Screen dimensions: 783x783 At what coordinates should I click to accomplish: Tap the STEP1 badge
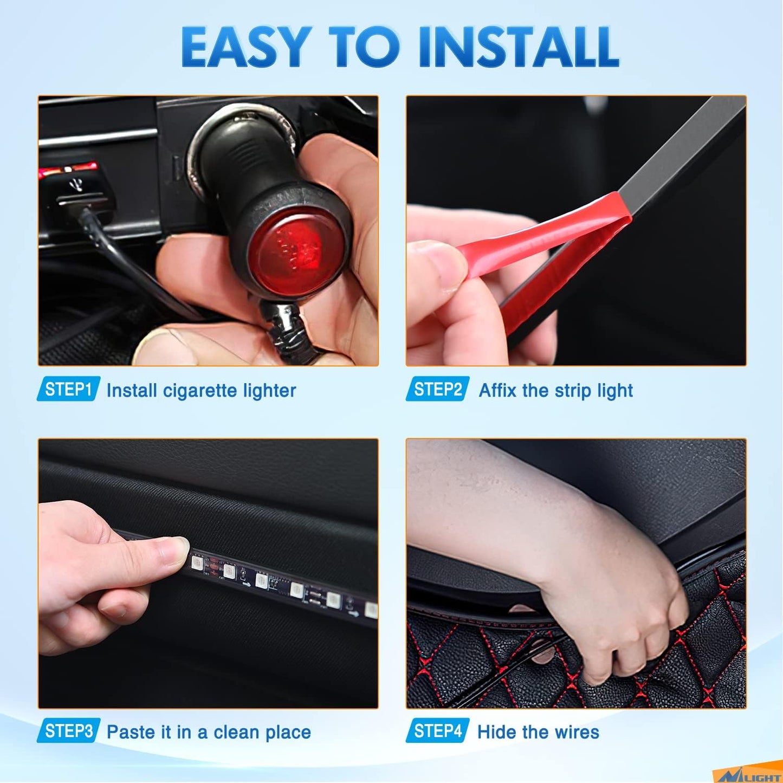tap(68, 389)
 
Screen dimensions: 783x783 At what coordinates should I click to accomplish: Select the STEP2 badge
tap(437, 389)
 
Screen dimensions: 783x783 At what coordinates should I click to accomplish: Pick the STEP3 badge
tap(68, 731)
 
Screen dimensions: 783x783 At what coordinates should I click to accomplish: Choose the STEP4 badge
tap(437, 731)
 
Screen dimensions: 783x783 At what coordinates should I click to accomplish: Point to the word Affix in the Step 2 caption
tap(497, 391)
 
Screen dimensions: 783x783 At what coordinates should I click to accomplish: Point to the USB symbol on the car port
tap(76, 185)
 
